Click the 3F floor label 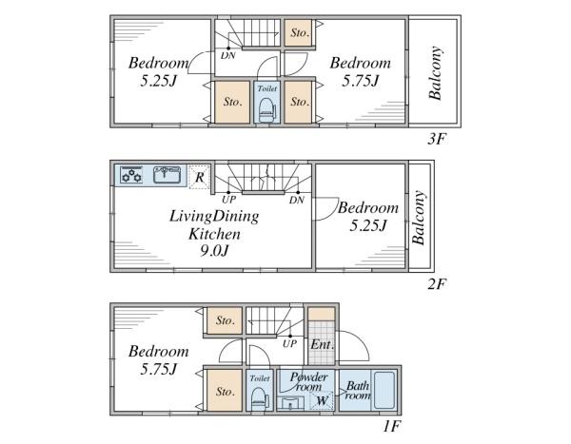pyautogui.click(x=437, y=139)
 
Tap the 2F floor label pyautogui.click(x=437, y=284)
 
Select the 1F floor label pyautogui.click(x=392, y=426)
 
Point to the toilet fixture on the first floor pyautogui.click(x=259, y=397)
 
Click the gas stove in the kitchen pyautogui.click(x=131, y=175)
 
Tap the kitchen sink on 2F pyautogui.click(x=167, y=175)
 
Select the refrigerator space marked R pyautogui.click(x=199, y=177)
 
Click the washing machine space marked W pyautogui.click(x=322, y=400)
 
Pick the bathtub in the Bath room pyautogui.click(x=384, y=390)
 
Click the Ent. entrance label pyautogui.click(x=322, y=344)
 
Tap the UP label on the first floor pyautogui.click(x=289, y=343)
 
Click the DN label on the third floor pyautogui.click(x=228, y=56)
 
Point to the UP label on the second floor pyautogui.click(x=228, y=200)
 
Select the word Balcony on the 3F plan pyautogui.click(x=436, y=73)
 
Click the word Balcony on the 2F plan pyautogui.click(x=419, y=218)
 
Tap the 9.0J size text pyautogui.click(x=214, y=250)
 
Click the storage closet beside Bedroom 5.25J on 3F pyautogui.click(x=232, y=102)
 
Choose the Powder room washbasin pyautogui.click(x=290, y=403)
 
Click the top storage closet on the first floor pyautogui.click(x=225, y=320)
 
